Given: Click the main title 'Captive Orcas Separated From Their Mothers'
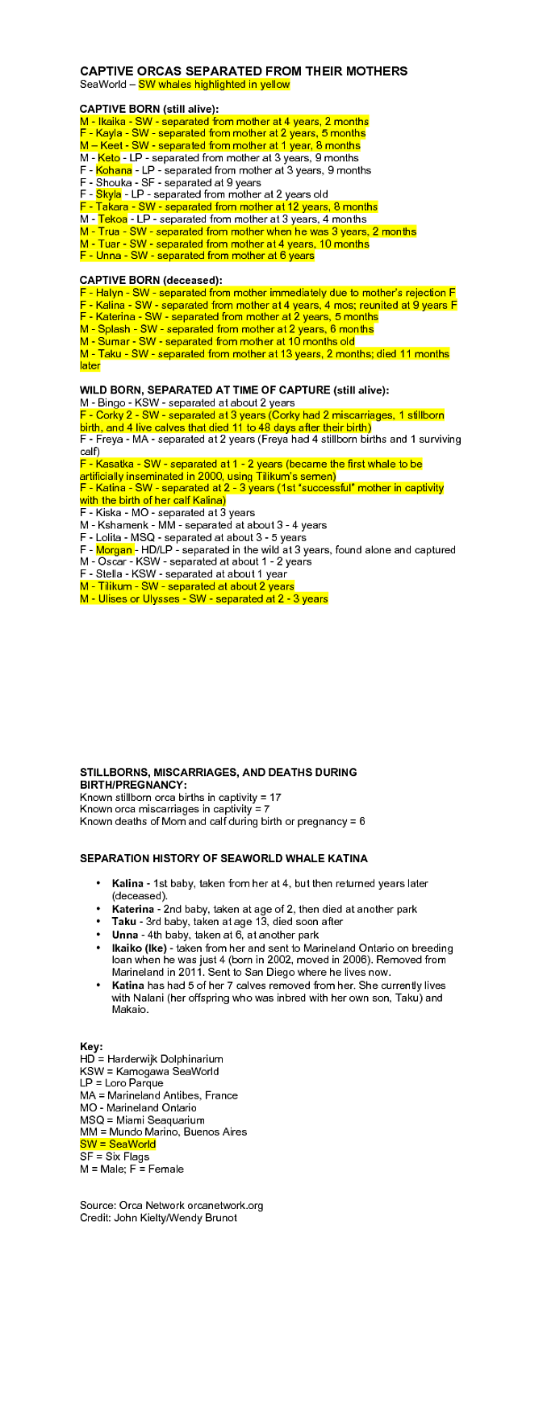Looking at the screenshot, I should pos(243,71).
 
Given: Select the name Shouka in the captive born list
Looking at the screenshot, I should pos(114,182).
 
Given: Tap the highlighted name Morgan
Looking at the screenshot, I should pos(114,550).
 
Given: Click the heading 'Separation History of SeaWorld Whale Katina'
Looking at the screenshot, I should pos(223,858).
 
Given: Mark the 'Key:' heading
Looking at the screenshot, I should pos(91,1046).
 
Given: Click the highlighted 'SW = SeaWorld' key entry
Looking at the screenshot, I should pos(118,1144).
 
